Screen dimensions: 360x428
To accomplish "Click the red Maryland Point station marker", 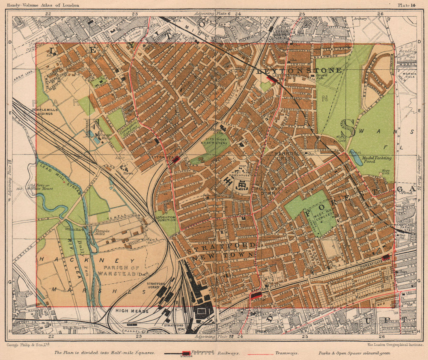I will [256, 295].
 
